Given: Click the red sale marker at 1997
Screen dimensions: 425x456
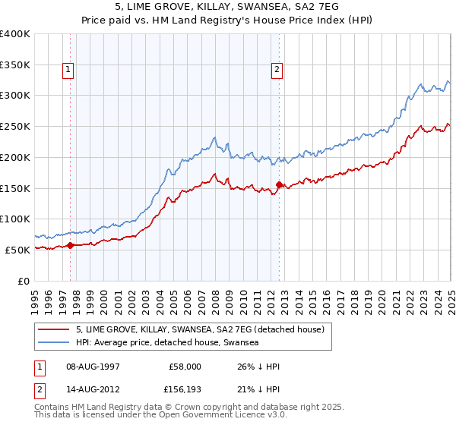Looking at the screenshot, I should (x=70, y=244).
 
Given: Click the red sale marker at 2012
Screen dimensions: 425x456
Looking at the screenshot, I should (x=279, y=184).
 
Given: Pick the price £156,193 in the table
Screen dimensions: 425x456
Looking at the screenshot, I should (x=185, y=391).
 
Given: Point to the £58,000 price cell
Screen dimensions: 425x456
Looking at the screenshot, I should (x=185, y=367).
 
